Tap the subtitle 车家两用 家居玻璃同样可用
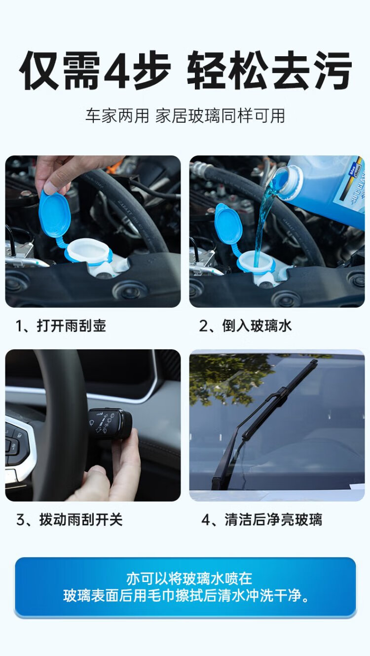(x=185, y=116)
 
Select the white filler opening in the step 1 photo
(x=89, y=251)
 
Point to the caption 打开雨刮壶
(x=72, y=326)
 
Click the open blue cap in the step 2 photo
(x=228, y=223)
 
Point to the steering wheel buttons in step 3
(x=13, y=438)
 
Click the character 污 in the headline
(x=332, y=70)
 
